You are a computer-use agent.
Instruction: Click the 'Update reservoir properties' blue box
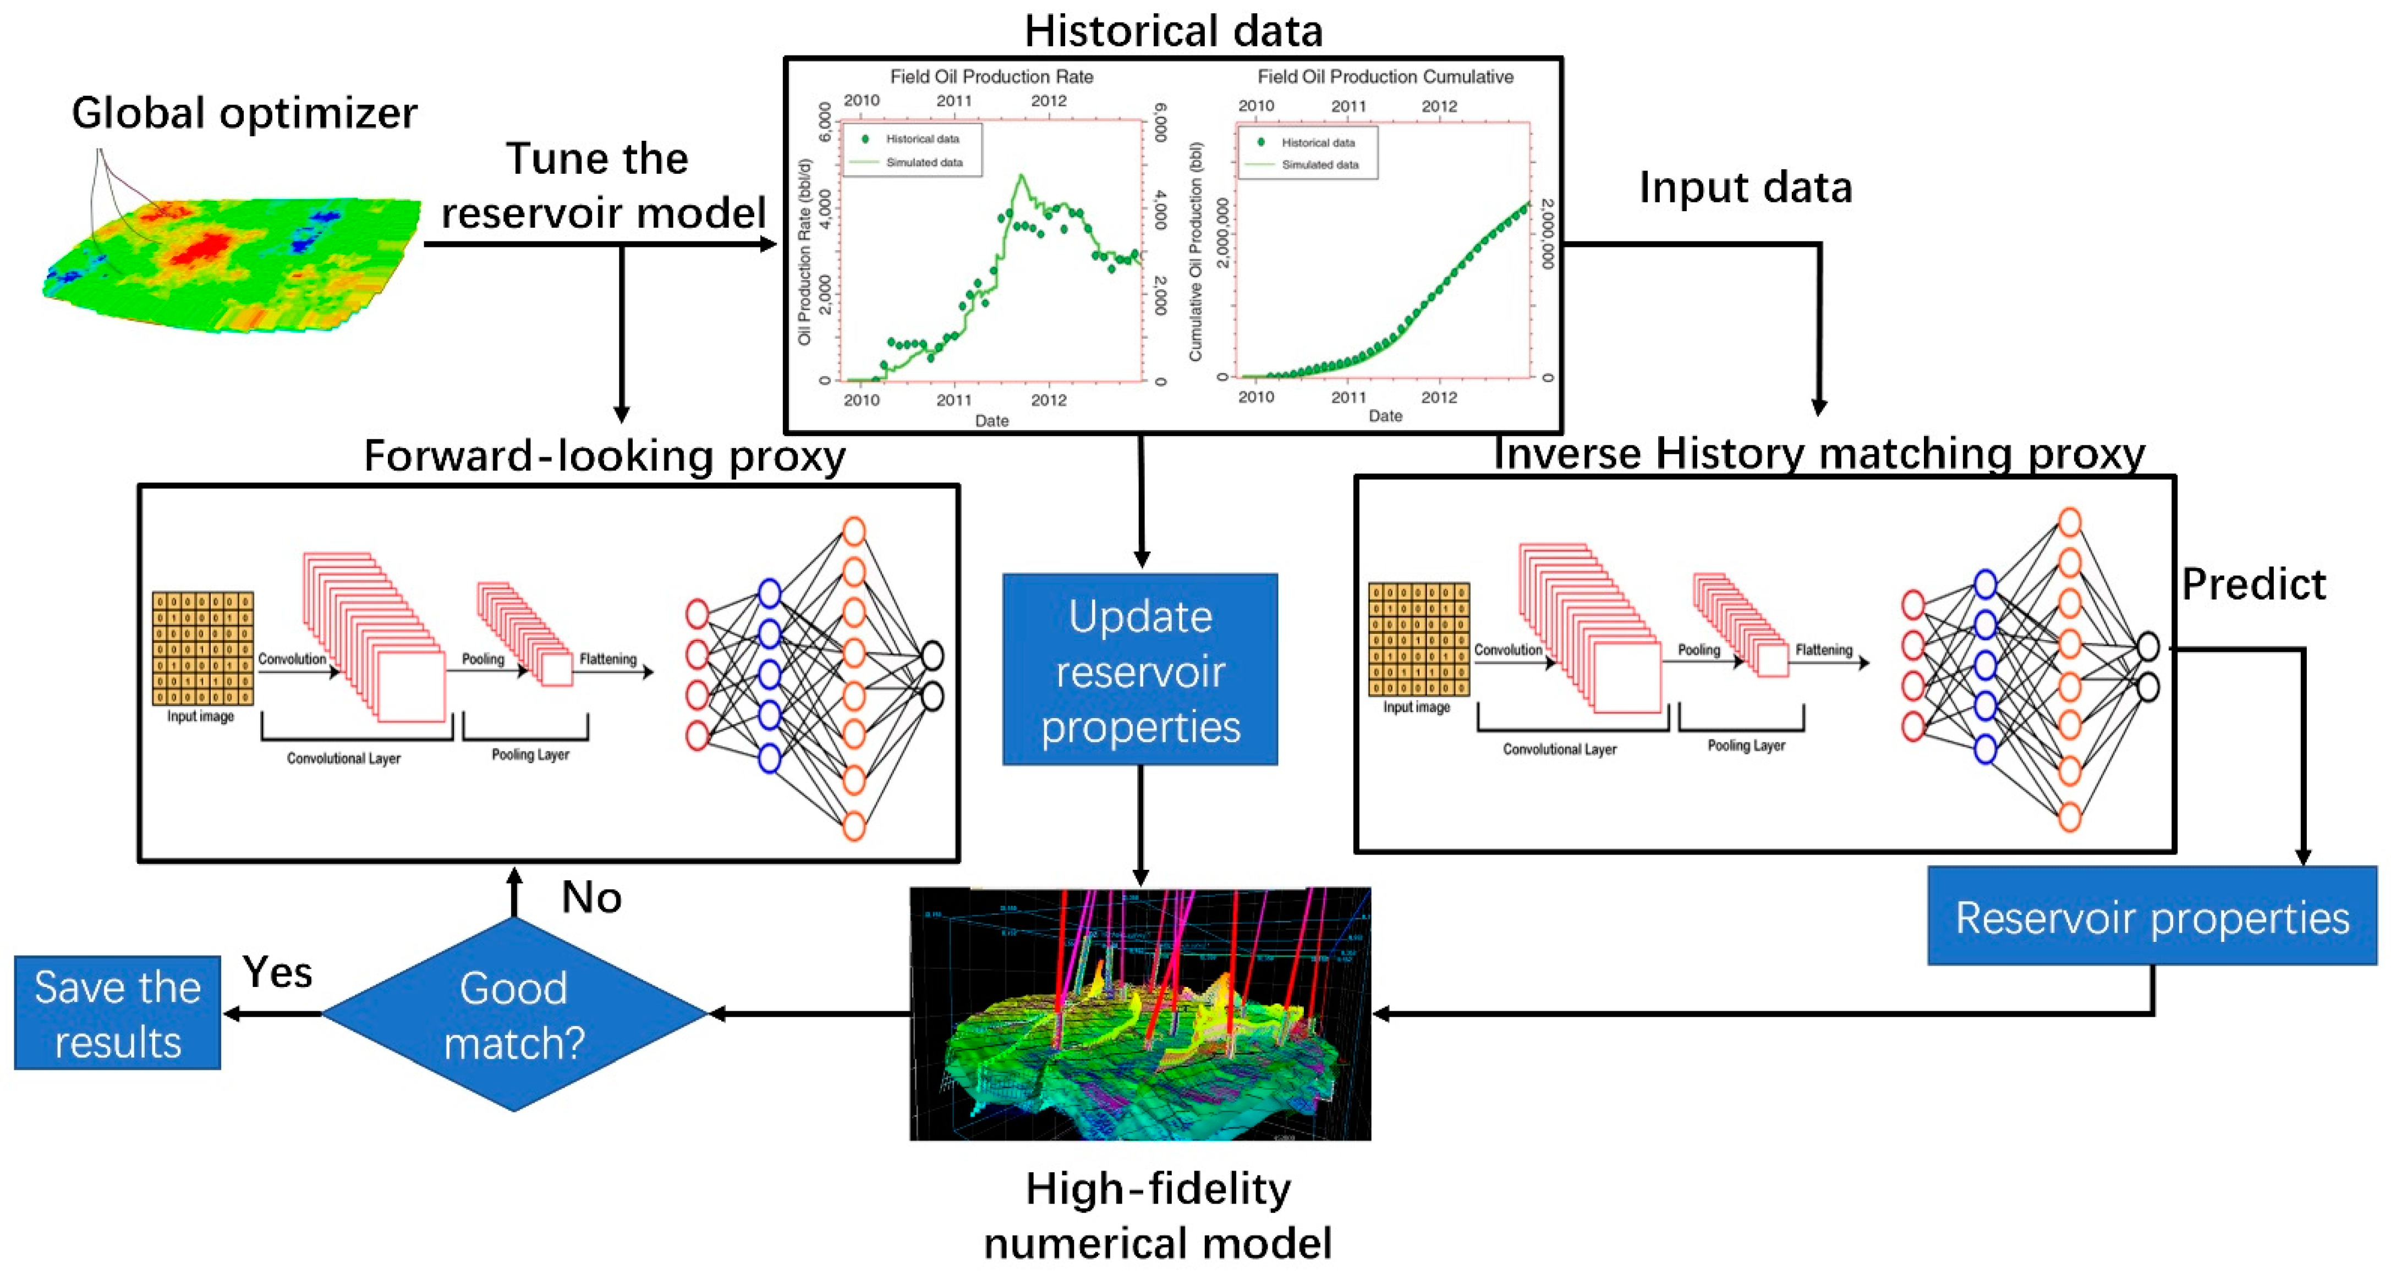pos(1140,669)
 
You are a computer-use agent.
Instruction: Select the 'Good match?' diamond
pos(514,1014)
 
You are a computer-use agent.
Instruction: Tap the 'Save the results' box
pos(118,1013)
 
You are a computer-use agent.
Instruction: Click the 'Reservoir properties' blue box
pos(2152,917)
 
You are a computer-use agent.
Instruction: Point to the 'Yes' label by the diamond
pos(277,973)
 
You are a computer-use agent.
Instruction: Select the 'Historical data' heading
pos(1173,31)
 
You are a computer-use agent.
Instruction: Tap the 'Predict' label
pos(2253,584)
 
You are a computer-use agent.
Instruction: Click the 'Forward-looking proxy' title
pos(604,456)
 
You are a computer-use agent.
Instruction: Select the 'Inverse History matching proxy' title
pos(1819,454)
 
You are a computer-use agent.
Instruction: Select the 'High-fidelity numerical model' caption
pos(1158,1216)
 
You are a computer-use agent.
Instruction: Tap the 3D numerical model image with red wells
pos(1140,1013)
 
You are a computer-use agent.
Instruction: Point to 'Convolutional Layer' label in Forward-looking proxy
pos(343,759)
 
